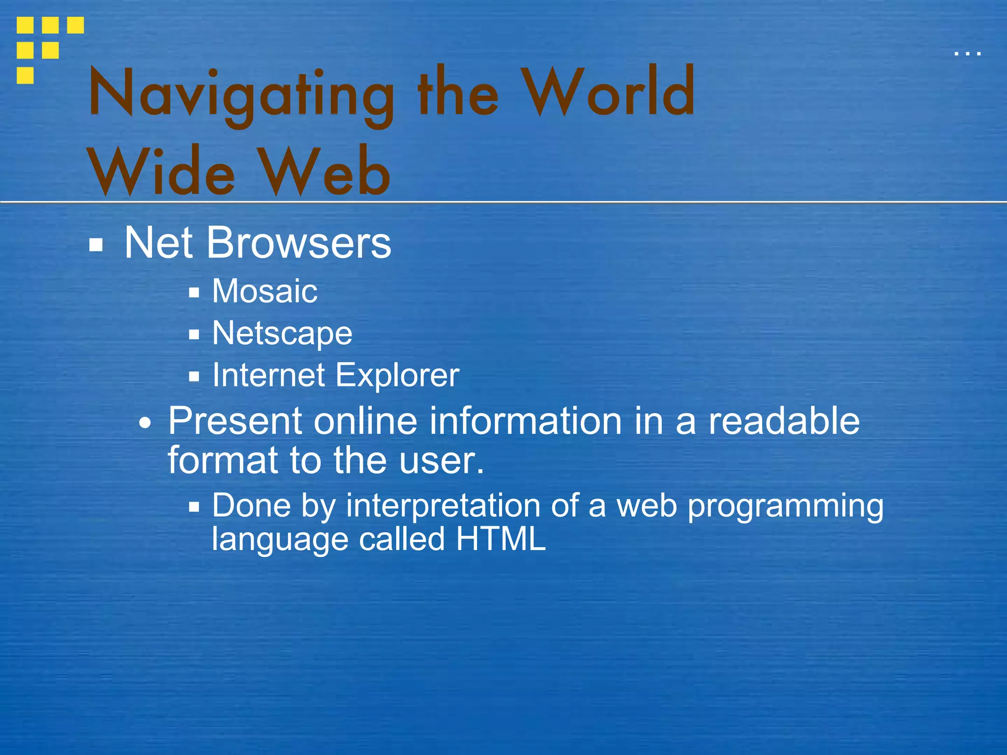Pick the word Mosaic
pos(265,291)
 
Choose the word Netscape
pos(282,333)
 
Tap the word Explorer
pos(397,375)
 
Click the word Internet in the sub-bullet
pos(268,375)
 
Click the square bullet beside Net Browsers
pos(96,245)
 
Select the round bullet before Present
pos(145,423)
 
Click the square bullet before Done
pos(194,507)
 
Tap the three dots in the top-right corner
pos(967,53)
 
